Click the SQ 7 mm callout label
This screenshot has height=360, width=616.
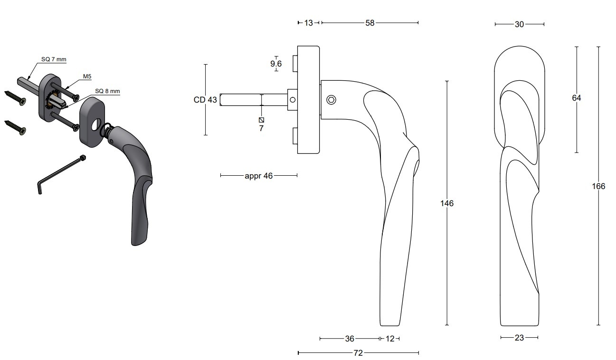[54, 59]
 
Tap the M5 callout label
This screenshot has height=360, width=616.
[87, 76]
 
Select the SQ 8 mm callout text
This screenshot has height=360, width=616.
[107, 91]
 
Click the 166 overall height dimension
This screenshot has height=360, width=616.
[598, 186]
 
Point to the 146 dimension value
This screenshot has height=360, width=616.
[447, 203]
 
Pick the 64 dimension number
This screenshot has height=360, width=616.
[577, 98]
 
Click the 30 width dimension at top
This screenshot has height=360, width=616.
[519, 25]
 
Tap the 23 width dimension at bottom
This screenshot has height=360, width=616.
[519, 338]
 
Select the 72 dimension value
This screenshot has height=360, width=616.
[358, 353]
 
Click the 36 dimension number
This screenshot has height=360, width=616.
[350, 339]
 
